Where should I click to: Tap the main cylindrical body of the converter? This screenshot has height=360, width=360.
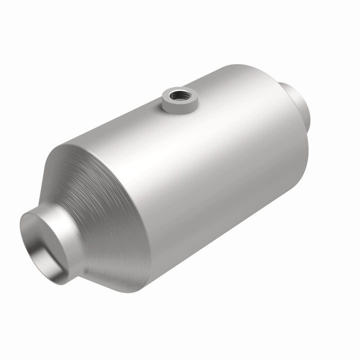[200, 165]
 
